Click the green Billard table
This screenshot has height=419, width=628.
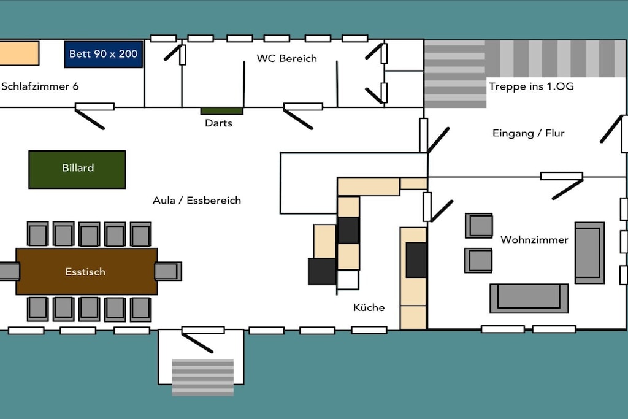coord(77,169)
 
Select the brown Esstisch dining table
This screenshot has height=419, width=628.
coord(86,271)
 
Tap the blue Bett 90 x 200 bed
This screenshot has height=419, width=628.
coord(103,54)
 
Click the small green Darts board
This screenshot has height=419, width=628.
coord(222,111)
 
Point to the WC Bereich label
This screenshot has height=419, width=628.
coord(287,58)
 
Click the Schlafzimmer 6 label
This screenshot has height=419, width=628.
coord(40,86)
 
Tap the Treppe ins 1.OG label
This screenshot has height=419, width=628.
coord(531,86)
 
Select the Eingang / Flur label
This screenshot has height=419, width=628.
coord(528,133)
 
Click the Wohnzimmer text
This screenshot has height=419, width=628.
coord(534,239)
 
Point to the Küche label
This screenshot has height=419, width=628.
coord(369,307)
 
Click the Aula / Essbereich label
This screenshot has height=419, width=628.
coord(197,200)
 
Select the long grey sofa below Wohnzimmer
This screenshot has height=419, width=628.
coord(529,298)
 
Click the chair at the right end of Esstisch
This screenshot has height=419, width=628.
coord(169,271)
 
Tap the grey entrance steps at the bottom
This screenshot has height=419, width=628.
coord(202,377)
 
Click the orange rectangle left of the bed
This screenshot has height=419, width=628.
coord(19,53)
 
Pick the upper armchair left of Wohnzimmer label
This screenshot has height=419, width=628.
coord(478,226)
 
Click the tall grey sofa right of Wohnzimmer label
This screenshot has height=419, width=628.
coord(589,253)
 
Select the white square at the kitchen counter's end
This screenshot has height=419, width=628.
coord(348,280)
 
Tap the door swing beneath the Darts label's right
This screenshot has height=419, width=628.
coord(298,120)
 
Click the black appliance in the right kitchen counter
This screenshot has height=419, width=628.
coord(416,259)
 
